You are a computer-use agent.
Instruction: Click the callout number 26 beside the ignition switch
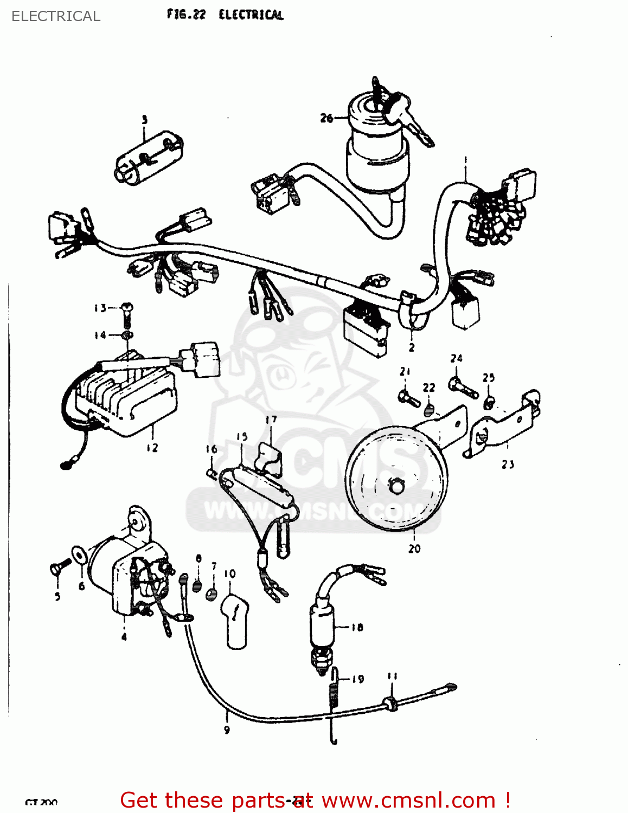coord(326,118)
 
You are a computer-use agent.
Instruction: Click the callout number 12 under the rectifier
coord(152,448)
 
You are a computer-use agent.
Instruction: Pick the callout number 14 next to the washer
coord(100,335)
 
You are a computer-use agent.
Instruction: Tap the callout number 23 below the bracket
coord(508,464)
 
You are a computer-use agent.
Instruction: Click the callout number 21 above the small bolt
coord(405,371)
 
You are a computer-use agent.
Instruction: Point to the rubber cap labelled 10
coord(235,620)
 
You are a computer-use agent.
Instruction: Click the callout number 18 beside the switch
coord(357,628)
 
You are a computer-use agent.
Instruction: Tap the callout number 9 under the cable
coord(227,730)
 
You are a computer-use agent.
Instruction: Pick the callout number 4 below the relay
coord(124,636)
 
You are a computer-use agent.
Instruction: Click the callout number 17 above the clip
coord(271,420)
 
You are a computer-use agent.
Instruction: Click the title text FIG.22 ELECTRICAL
coord(225,15)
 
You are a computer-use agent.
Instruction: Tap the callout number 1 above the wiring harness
coord(465,160)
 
